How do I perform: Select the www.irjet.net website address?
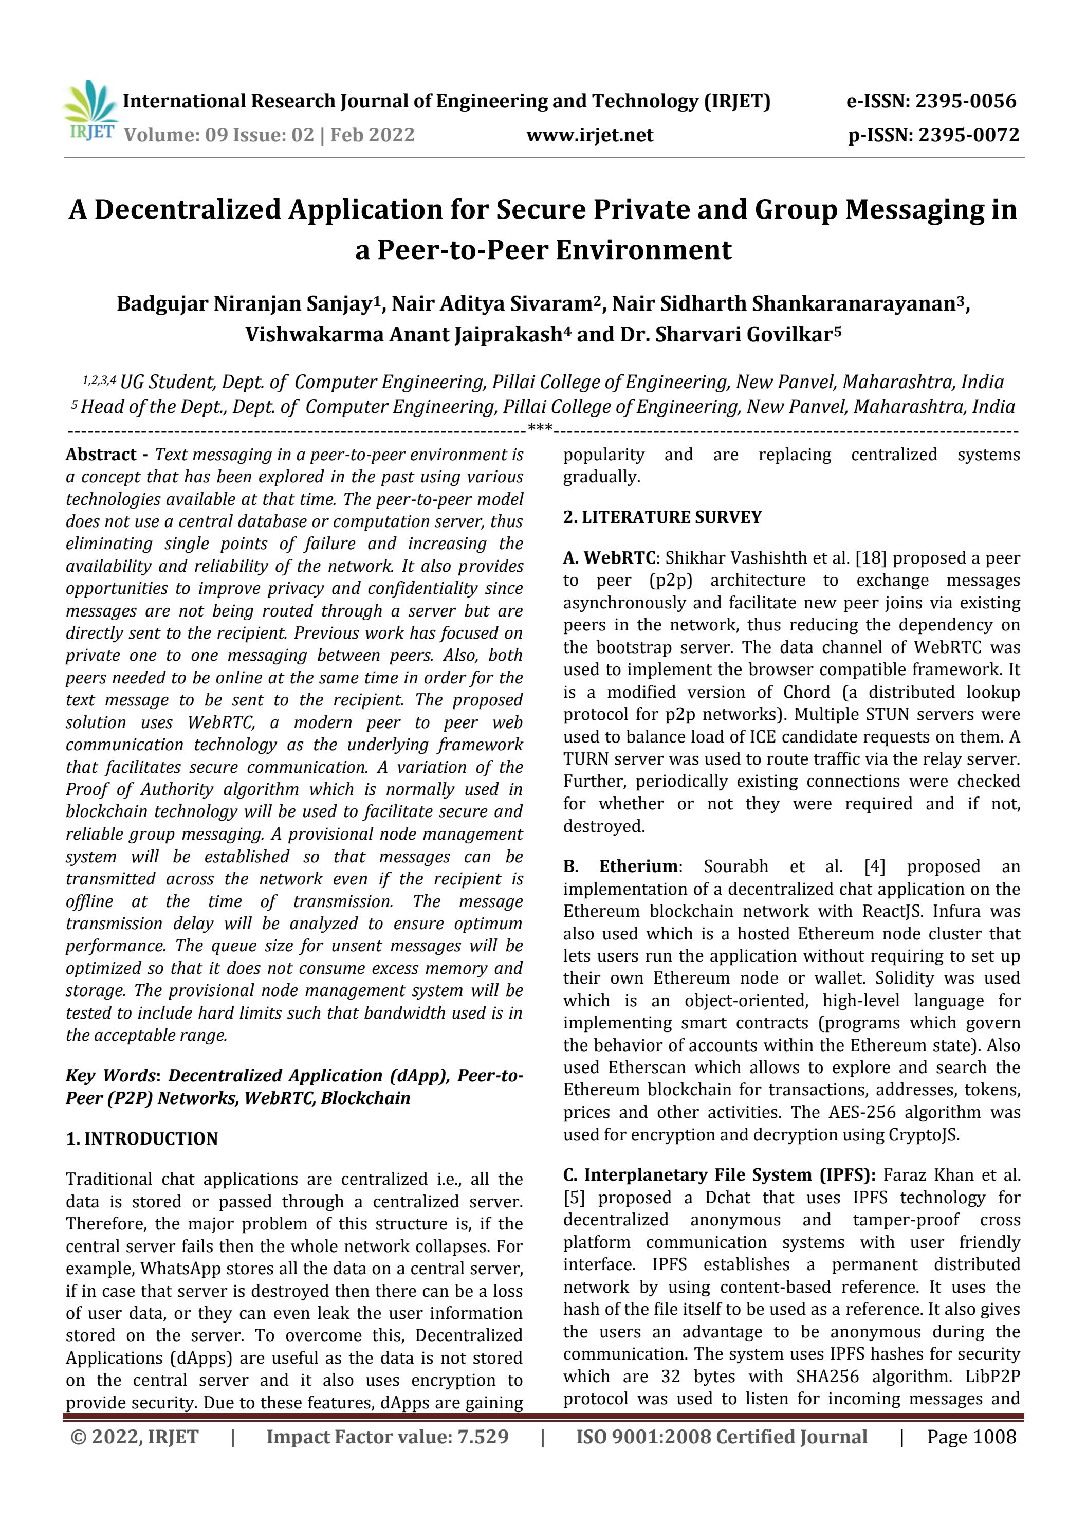(x=589, y=135)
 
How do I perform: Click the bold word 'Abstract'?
(x=101, y=455)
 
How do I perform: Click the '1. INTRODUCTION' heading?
(x=141, y=1139)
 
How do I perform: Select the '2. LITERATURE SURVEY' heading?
(x=662, y=517)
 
